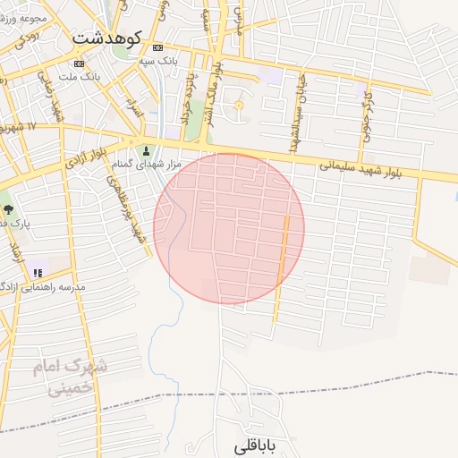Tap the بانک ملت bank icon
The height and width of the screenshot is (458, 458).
[x=80, y=64]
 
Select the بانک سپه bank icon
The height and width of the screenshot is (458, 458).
[x=158, y=47]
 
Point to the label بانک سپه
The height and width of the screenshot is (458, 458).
[x=158, y=60]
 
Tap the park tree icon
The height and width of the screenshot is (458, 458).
[x=8, y=208]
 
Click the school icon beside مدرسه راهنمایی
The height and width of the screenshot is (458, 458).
[x=37, y=272]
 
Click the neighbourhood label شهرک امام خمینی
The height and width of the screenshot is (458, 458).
[x=69, y=377]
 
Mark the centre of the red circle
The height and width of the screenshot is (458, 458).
[x=229, y=228]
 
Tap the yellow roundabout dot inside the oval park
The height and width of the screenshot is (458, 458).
[x=238, y=107]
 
